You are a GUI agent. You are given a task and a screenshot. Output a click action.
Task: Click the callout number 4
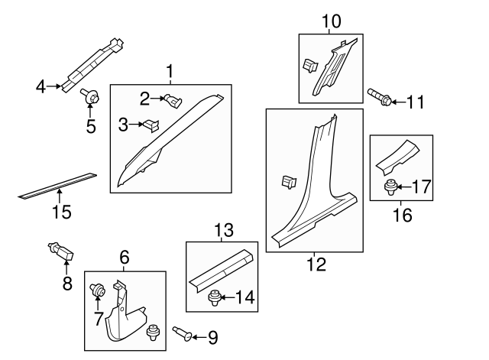[x=40, y=86]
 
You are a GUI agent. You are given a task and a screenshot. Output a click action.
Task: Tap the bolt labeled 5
[x=88, y=97]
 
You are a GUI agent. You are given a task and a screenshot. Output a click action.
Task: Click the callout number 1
[x=169, y=73]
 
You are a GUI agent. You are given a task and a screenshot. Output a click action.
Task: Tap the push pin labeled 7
[x=99, y=290]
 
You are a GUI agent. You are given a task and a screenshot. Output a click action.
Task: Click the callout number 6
[x=124, y=258]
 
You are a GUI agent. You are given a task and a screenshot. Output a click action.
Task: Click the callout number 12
[x=316, y=264]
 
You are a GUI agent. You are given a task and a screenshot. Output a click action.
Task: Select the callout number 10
[x=332, y=21]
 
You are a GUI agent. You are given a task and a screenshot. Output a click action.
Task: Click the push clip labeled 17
[x=390, y=185]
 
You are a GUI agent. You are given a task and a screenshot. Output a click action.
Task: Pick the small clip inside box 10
[x=310, y=66]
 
